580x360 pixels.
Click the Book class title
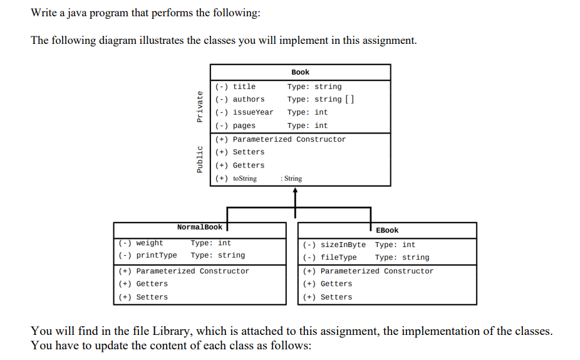pyautogui.click(x=300, y=72)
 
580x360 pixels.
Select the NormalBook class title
pyautogui.click(x=199, y=227)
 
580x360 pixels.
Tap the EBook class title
pyautogui.click(x=387, y=230)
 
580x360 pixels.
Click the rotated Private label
pyautogui.click(x=200, y=107)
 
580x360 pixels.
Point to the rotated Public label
pyautogui.click(x=200, y=159)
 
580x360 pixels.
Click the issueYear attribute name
pyautogui.click(x=252, y=112)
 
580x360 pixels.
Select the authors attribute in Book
pyautogui.click(x=248, y=99)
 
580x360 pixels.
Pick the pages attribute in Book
pyautogui.click(x=244, y=125)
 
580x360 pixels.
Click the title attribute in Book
pyautogui.click(x=244, y=87)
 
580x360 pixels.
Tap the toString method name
pyautogui.click(x=244, y=179)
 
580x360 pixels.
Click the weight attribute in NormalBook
pyautogui.click(x=149, y=243)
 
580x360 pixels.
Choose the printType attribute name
pyautogui.click(x=156, y=255)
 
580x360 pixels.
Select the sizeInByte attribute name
pyautogui.click(x=343, y=245)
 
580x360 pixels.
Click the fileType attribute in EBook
pyautogui.click(x=338, y=257)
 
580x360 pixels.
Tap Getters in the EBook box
pyautogui.click(x=336, y=284)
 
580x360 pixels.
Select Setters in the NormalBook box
pyautogui.click(x=152, y=297)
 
